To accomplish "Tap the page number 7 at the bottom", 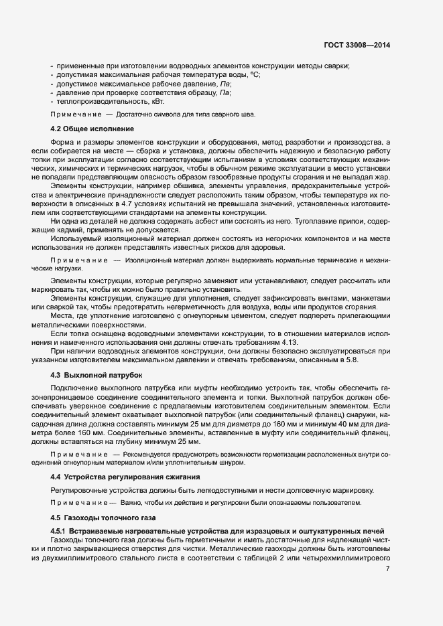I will pos(388,569).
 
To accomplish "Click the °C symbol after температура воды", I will pos(255,75).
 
